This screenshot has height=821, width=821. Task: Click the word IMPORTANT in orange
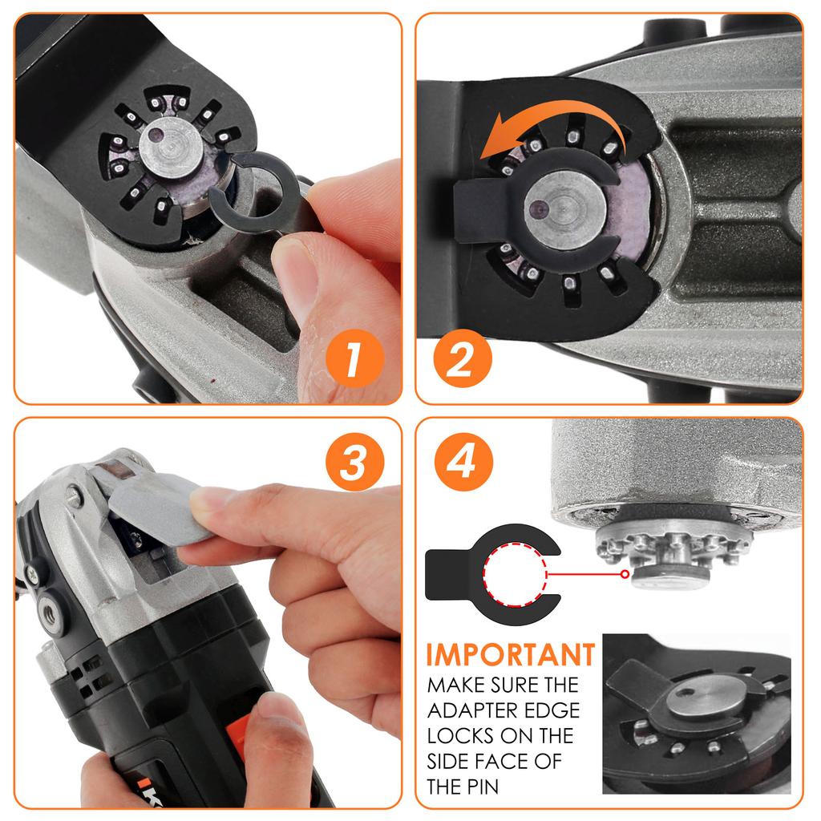pyautogui.click(x=511, y=655)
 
